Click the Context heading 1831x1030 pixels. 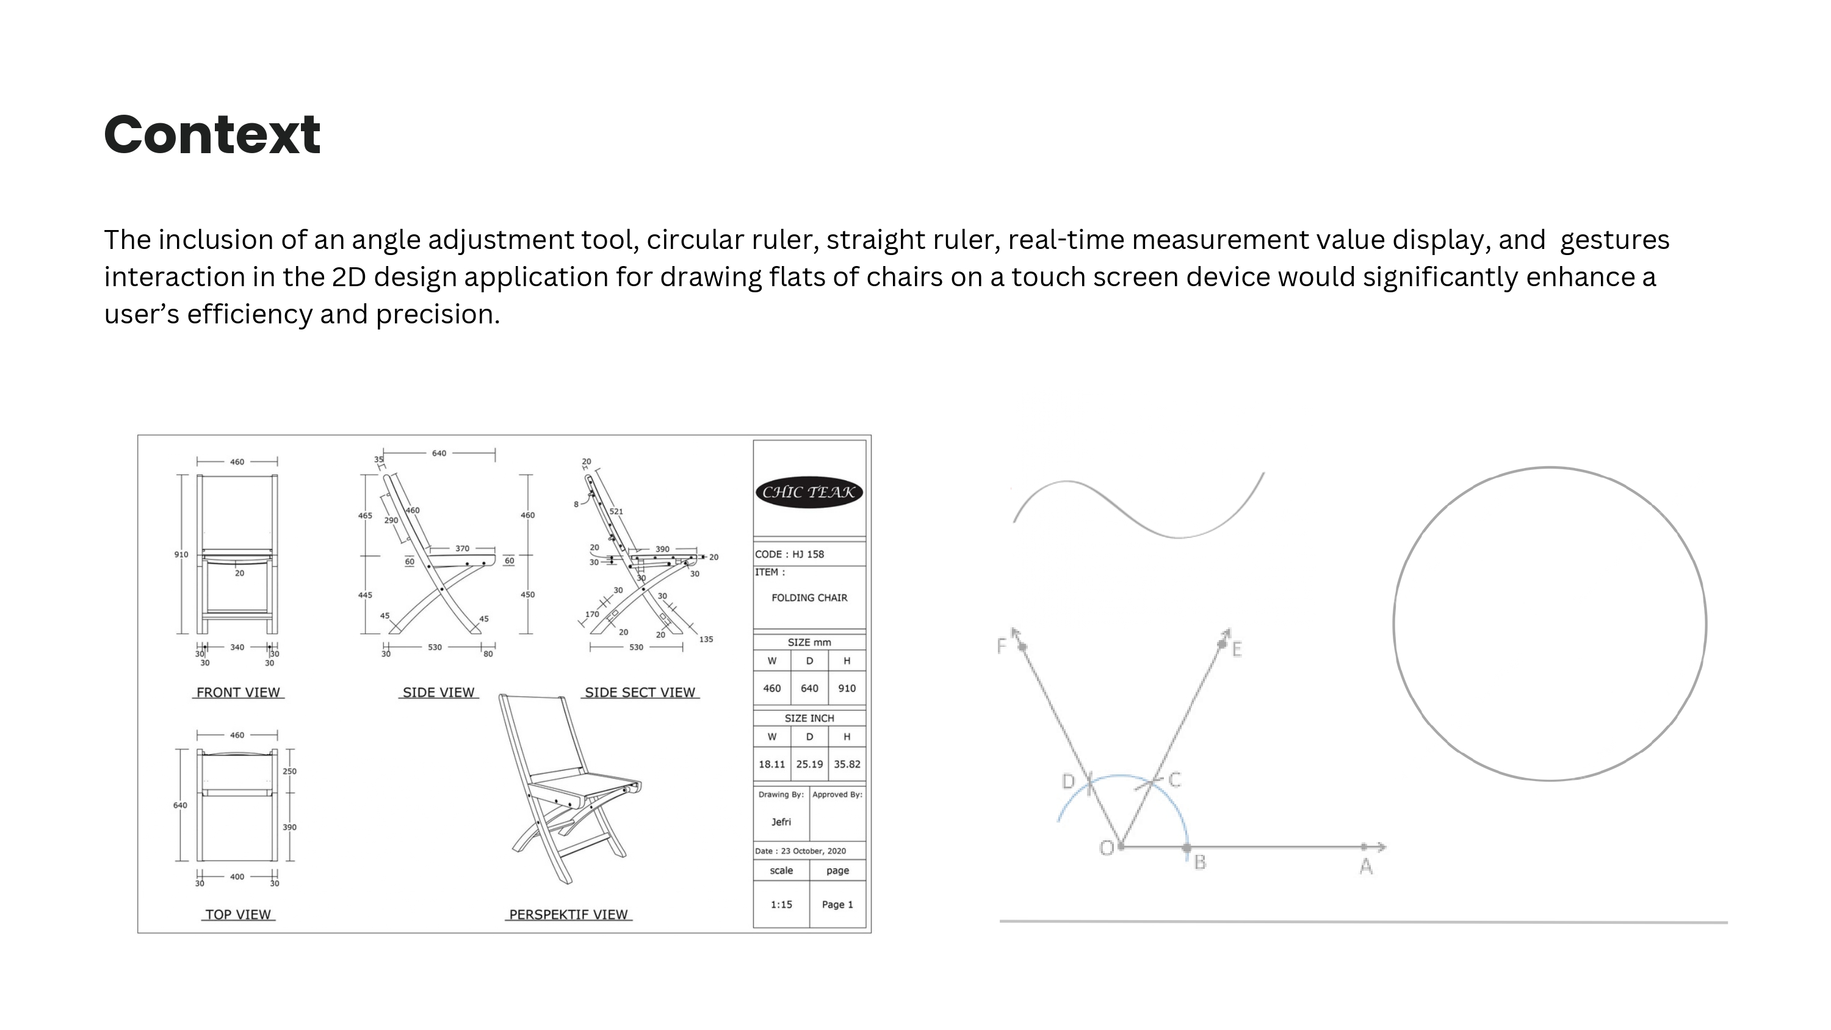pyautogui.click(x=212, y=134)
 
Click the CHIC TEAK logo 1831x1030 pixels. pyautogui.click(x=809, y=492)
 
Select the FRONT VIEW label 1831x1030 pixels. pyautogui.click(x=238, y=693)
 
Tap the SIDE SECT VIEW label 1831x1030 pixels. pyautogui.click(x=640, y=693)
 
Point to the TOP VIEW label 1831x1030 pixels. pyautogui.click(x=238, y=915)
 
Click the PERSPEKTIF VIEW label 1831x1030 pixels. pyautogui.click(x=569, y=915)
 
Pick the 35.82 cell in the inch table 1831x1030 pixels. pyautogui.click(x=847, y=764)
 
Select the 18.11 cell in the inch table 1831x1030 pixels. pyautogui.click(x=772, y=764)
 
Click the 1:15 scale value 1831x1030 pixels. pyautogui.click(x=781, y=904)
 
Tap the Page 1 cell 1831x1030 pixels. pyautogui.click(x=837, y=904)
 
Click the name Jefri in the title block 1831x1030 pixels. pyautogui.click(x=781, y=822)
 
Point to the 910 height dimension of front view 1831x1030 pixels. pyautogui.click(x=181, y=555)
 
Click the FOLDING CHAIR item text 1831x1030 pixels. pyautogui.click(x=809, y=598)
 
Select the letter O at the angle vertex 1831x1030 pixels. pyautogui.click(x=1107, y=848)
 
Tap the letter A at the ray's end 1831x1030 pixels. pyautogui.click(x=1365, y=866)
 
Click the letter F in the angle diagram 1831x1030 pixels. pyautogui.click(x=1002, y=646)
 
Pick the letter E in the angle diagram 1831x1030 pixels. pyautogui.click(x=1237, y=649)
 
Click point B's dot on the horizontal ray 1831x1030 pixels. pyautogui.click(x=1186, y=848)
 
